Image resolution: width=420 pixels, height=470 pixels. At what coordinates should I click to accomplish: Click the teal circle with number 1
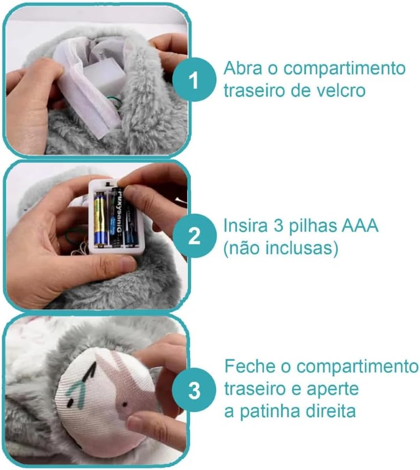194,79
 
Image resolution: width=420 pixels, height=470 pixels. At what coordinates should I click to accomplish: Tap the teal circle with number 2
194,235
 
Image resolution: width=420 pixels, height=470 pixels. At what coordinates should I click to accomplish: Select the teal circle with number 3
194,390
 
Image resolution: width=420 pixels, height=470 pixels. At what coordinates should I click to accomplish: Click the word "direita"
329,411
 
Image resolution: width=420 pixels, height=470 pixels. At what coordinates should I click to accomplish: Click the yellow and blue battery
100,218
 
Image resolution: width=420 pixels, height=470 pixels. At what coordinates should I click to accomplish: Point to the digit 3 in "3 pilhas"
278,226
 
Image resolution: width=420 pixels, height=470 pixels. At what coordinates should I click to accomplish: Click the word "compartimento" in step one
344,69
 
